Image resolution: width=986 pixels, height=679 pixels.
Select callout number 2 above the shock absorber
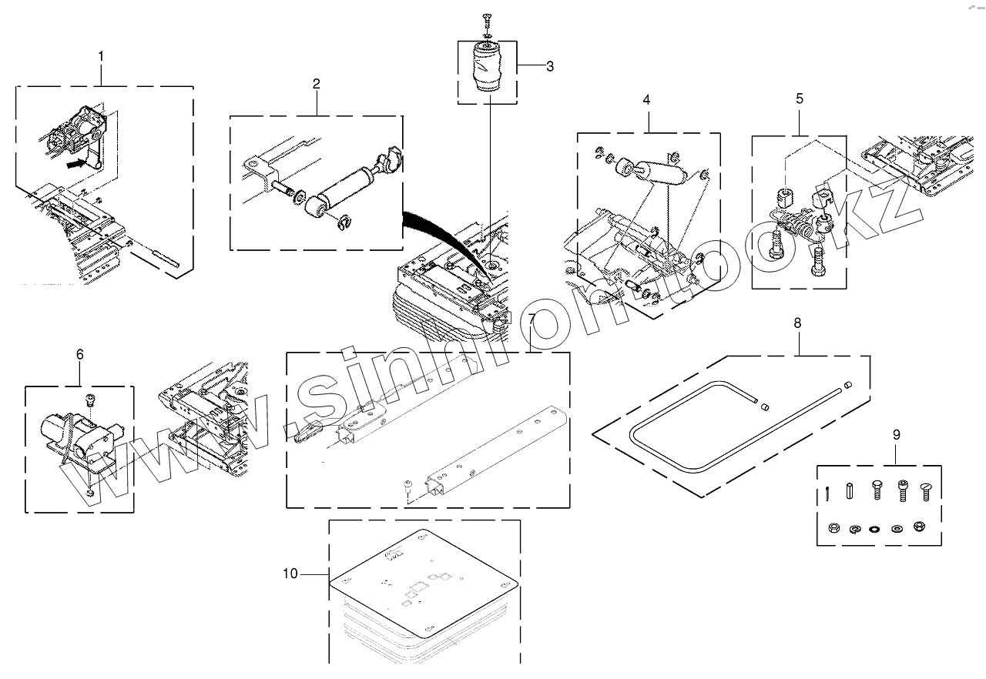(317, 84)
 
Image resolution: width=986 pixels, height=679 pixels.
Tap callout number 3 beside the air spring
(549, 66)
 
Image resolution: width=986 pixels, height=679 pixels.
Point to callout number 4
(646, 99)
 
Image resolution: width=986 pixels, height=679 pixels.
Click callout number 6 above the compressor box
(80, 354)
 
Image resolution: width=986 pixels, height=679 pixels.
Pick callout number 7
(532, 319)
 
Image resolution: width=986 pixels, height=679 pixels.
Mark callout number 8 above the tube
(797, 323)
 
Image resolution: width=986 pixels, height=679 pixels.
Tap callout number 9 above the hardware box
(896, 435)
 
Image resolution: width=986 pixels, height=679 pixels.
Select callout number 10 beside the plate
(290, 574)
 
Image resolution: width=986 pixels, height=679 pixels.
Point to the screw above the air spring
(487, 17)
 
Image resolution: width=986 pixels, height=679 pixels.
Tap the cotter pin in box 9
(827, 493)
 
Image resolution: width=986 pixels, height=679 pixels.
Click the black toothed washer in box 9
(874, 530)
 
